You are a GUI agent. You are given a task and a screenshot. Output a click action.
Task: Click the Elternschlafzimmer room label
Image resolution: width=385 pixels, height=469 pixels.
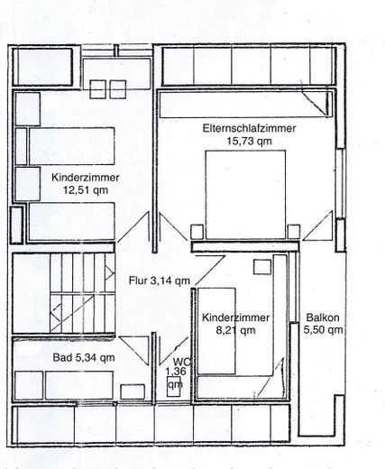pyautogui.click(x=249, y=128)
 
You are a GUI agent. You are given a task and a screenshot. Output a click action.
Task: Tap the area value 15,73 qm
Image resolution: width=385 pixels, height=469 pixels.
pyautogui.click(x=249, y=141)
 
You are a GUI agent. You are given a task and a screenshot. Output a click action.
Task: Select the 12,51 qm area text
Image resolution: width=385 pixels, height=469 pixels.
pyautogui.click(x=86, y=190)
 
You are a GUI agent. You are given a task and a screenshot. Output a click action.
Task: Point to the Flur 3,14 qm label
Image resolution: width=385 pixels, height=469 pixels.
pyautogui.click(x=160, y=280)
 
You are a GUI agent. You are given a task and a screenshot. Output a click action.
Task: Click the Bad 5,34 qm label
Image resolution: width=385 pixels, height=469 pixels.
pyautogui.click(x=84, y=357)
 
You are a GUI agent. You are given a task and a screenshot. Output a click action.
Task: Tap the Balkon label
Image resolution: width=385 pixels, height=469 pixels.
pyautogui.click(x=323, y=317)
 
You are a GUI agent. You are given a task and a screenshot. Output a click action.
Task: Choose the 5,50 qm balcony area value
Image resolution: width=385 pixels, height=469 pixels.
pyautogui.click(x=323, y=330)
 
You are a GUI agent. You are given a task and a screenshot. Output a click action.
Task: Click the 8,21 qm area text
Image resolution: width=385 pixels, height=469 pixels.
pyautogui.click(x=236, y=330)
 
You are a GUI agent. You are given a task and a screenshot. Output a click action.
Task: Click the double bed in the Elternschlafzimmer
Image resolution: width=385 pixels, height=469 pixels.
pyautogui.click(x=245, y=195)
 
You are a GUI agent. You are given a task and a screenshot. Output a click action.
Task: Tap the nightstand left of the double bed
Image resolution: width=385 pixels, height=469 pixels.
pyautogui.click(x=197, y=232)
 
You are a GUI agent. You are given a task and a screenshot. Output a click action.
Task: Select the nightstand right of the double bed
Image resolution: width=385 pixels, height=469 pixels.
pyautogui.click(x=294, y=232)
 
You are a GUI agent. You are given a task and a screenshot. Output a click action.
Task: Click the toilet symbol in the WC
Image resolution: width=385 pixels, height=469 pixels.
pyautogui.click(x=173, y=386)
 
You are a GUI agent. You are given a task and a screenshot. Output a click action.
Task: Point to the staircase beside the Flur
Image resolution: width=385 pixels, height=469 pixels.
pyautogui.click(x=82, y=293)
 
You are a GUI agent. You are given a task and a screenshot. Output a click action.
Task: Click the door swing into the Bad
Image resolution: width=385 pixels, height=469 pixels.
pyautogui.click(x=133, y=351)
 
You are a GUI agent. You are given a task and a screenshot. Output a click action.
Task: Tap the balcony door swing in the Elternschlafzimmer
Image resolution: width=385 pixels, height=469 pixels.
pyautogui.click(x=317, y=225)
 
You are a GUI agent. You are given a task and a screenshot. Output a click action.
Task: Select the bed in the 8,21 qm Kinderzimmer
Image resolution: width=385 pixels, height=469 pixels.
pyautogui.click(x=216, y=331)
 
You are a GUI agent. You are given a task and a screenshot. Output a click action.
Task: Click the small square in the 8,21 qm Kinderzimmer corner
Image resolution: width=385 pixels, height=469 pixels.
pyautogui.click(x=262, y=267)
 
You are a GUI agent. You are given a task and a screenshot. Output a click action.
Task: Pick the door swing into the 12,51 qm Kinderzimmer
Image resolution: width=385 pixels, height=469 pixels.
pyautogui.click(x=133, y=226)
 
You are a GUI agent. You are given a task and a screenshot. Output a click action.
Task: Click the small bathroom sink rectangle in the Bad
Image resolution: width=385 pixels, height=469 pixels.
pyautogui.click(x=133, y=391)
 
